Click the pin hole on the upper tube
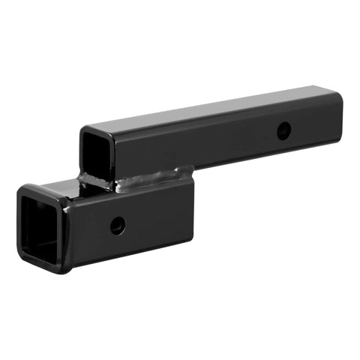(x=283, y=130)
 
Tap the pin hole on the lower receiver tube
(x=118, y=225)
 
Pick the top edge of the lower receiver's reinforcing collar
(x=45, y=187)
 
